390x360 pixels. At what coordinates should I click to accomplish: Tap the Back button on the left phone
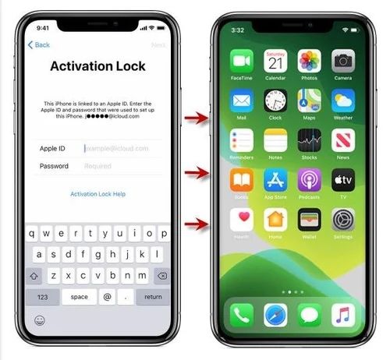[39, 45]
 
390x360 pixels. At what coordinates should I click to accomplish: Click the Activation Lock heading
[97, 66]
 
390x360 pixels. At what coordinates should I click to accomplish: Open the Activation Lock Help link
[97, 194]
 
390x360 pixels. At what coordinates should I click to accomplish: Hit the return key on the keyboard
[153, 297]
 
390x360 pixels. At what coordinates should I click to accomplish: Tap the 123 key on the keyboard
[42, 297]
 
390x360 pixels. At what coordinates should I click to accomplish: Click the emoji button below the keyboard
[39, 320]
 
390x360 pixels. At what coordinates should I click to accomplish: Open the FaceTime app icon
[241, 61]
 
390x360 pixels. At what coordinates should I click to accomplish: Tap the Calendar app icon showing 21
[275, 61]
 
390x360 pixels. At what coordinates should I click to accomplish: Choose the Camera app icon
[343, 61]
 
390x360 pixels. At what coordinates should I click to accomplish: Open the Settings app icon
[343, 220]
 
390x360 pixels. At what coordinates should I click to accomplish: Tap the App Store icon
[275, 180]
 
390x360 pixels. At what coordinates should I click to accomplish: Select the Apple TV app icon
[343, 180]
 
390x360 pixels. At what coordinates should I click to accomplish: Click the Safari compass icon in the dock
[275, 315]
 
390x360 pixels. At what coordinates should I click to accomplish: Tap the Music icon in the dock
[343, 315]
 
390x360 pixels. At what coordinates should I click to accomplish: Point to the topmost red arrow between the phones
[196, 118]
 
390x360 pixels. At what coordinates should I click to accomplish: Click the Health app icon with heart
[241, 220]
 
